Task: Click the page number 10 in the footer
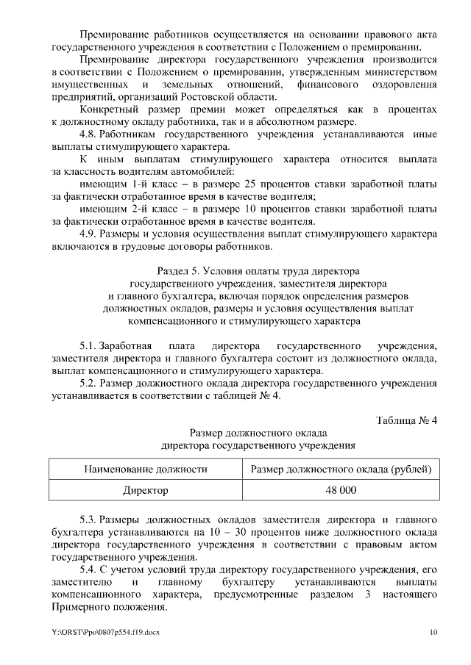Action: pyautogui.click(x=434, y=632)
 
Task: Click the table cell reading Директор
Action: pyautogui.click(x=145, y=489)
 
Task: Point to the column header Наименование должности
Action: pyautogui.click(x=145, y=469)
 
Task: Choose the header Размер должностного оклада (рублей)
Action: pyautogui.click(x=341, y=469)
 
